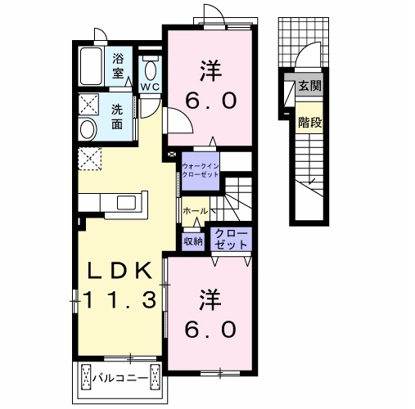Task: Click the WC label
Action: coord(150,87)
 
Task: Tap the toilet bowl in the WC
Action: coord(151,70)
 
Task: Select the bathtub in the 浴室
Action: coord(92,66)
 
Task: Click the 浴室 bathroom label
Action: coord(118,66)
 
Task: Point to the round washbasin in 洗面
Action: coord(88,130)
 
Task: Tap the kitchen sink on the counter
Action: coord(127,203)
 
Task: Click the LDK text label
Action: coord(120,271)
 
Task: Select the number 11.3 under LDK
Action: coord(120,299)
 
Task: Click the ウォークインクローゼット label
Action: coord(201,170)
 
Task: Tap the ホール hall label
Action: coord(196,211)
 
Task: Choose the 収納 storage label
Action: coord(193,241)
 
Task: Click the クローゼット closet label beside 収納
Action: coord(231,239)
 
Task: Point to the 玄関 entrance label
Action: coord(309,86)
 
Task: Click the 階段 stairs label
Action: coord(310,122)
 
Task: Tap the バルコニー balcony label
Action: coord(120,378)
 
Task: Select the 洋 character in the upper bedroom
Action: coord(210,71)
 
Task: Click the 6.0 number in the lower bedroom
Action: coord(210,329)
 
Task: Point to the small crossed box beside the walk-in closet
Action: coord(171,155)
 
